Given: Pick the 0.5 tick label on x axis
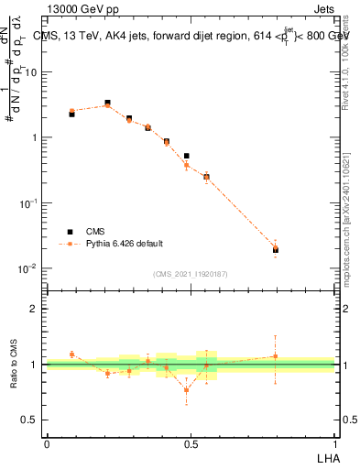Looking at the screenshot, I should [x=191, y=442].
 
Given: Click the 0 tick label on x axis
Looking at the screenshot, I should [x=47, y=442].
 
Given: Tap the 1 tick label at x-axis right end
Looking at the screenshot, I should [x=334, y=442].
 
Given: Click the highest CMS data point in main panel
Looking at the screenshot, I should [x=107, y=103].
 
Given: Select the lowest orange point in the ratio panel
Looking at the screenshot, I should [x=187, y=390].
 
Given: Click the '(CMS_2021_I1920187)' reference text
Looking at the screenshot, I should [x=190, y=274].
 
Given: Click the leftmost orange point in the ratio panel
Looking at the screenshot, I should [x=71, y=354].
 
